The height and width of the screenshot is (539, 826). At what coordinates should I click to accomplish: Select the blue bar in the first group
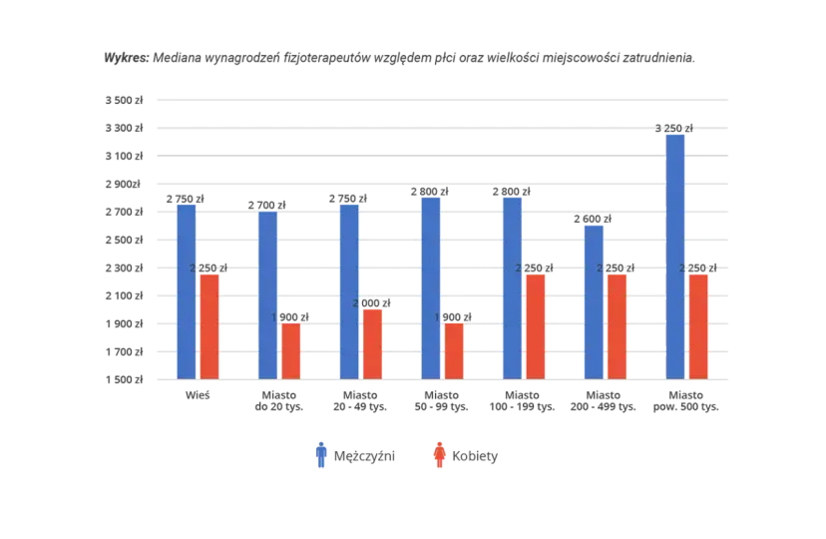186,290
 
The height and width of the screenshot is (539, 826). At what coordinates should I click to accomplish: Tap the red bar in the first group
208,325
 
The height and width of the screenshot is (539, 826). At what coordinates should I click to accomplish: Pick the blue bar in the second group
267,294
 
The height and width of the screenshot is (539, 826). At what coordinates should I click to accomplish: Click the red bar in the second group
290,350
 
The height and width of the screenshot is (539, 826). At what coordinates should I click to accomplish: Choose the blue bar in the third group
349,290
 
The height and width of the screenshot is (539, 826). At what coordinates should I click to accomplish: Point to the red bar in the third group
372,343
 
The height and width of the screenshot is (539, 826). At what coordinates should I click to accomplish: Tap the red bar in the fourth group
453,350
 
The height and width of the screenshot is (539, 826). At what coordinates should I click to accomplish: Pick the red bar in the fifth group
535,325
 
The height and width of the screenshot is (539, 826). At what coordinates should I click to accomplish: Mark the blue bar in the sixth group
594,300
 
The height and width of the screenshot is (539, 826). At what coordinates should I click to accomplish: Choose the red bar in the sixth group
617,325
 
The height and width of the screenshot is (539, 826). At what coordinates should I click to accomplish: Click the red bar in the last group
698,325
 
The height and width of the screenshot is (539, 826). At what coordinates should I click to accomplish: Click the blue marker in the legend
320,455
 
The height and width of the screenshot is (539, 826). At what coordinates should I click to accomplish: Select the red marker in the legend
440,455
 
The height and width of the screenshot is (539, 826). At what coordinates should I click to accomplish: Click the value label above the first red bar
209,268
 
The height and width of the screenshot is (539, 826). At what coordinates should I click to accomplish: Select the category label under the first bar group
198,396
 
